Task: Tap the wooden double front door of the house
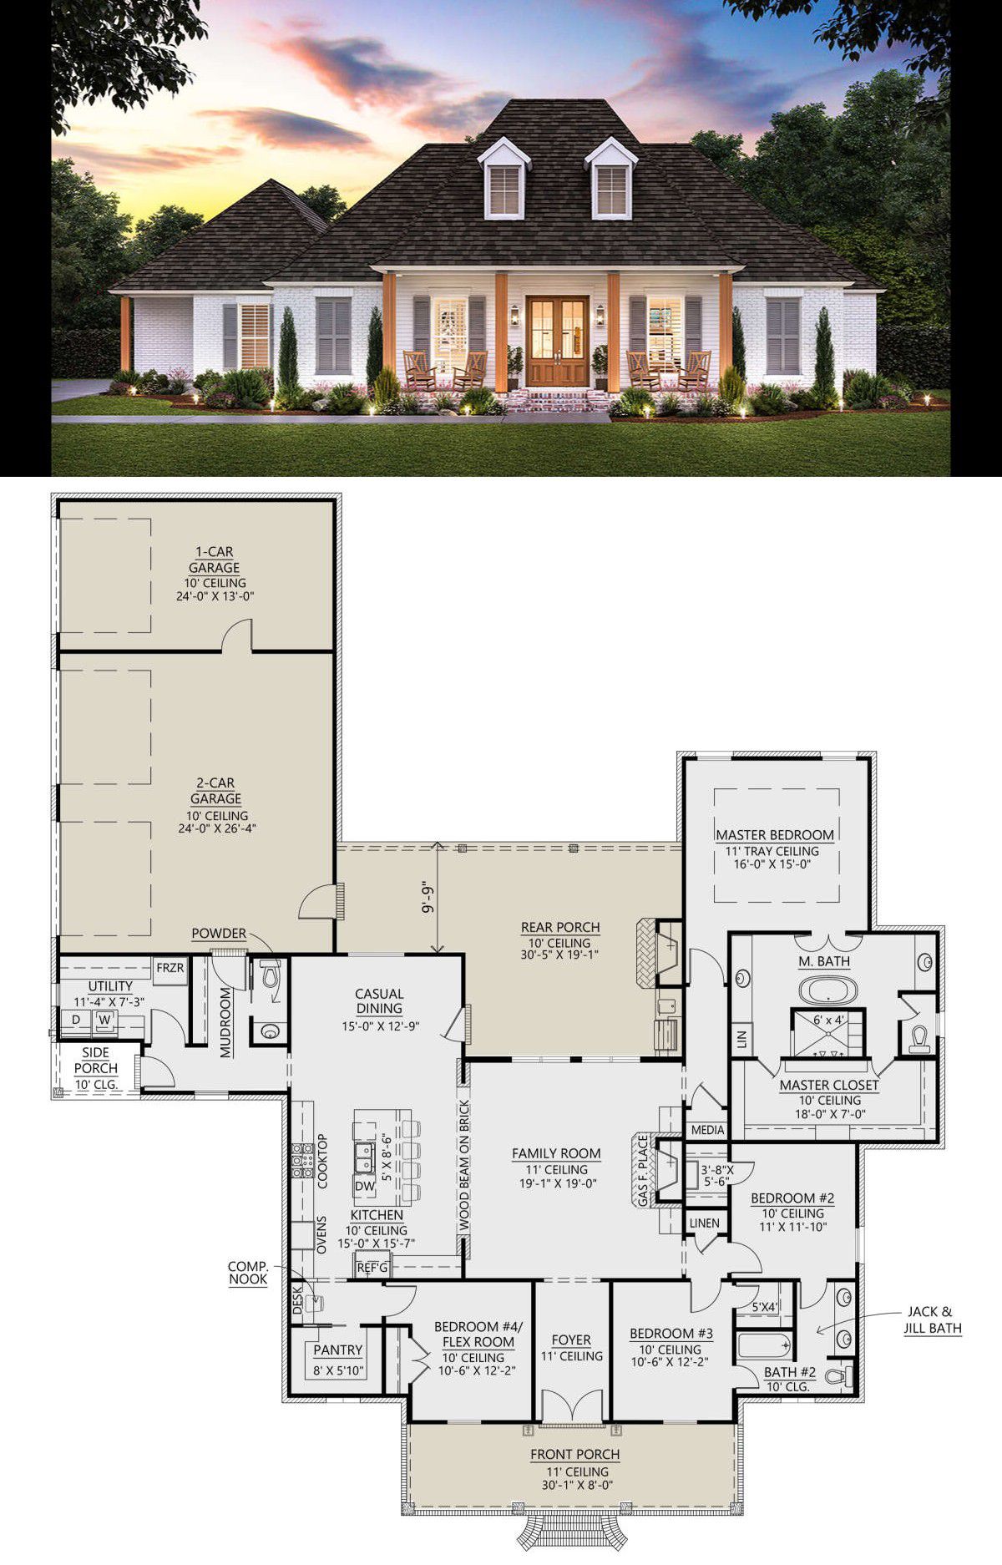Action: (x=557, y=341)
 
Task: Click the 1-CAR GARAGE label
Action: (x=215, y=560)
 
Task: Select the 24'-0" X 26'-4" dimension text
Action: (x=215, y=828)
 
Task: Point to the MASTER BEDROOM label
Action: (x=775, y=834)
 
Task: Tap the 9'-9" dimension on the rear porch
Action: (x=428, y=898)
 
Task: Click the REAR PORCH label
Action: (x=560, y=927)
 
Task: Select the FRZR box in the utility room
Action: (x=170, y=969)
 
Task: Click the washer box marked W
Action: (x=104, y=1020)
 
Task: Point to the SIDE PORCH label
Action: (x=96, y=1061)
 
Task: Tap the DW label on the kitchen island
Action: (x=365, y=1185)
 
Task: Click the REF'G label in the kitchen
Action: (x=372, y=1268)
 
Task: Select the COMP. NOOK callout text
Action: (x=248, y=1273)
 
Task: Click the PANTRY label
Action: (x=338, y=1350)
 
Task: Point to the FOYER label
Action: (x=571, y=1340)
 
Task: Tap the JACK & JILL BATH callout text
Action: (x=933, y=1319)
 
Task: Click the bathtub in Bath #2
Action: (x=763, y=1347)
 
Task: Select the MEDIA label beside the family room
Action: (x=707, y=1130)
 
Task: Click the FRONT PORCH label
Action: (x=575, y=1455)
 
